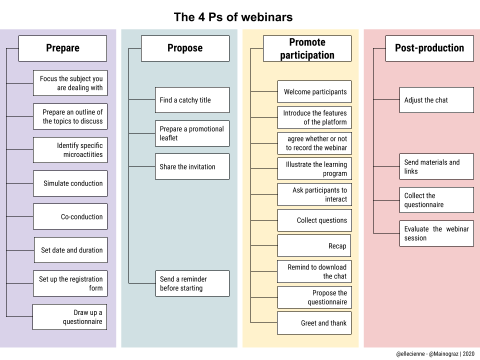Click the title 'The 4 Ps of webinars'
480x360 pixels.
tap(233, 17)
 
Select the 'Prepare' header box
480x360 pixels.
tap(62, 48)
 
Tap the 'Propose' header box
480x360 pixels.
tap(185, 48)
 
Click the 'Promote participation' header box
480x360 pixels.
tap(307, 48)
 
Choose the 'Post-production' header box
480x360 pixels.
tap(429, 48)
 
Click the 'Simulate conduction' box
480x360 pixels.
tap(70, 183)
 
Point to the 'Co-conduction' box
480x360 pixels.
tap(70, 217)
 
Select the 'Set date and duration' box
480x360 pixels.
tap(70, 250)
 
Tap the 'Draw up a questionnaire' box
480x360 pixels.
tap(70, 317)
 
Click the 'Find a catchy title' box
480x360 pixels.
tap(192, 100)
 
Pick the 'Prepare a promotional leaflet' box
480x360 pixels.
tap(192, 133)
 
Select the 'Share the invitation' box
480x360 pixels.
tap(192, 166)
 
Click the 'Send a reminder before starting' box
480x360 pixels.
tap(192, 283)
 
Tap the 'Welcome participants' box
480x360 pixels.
tap(314, 92)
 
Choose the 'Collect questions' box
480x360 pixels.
tap(314, 220)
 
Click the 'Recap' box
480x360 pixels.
tap(314, 246)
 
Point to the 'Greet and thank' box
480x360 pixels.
tap(314, 323)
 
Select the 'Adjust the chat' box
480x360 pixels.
tap(436, 100)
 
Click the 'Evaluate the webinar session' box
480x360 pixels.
tap(436, 233)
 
